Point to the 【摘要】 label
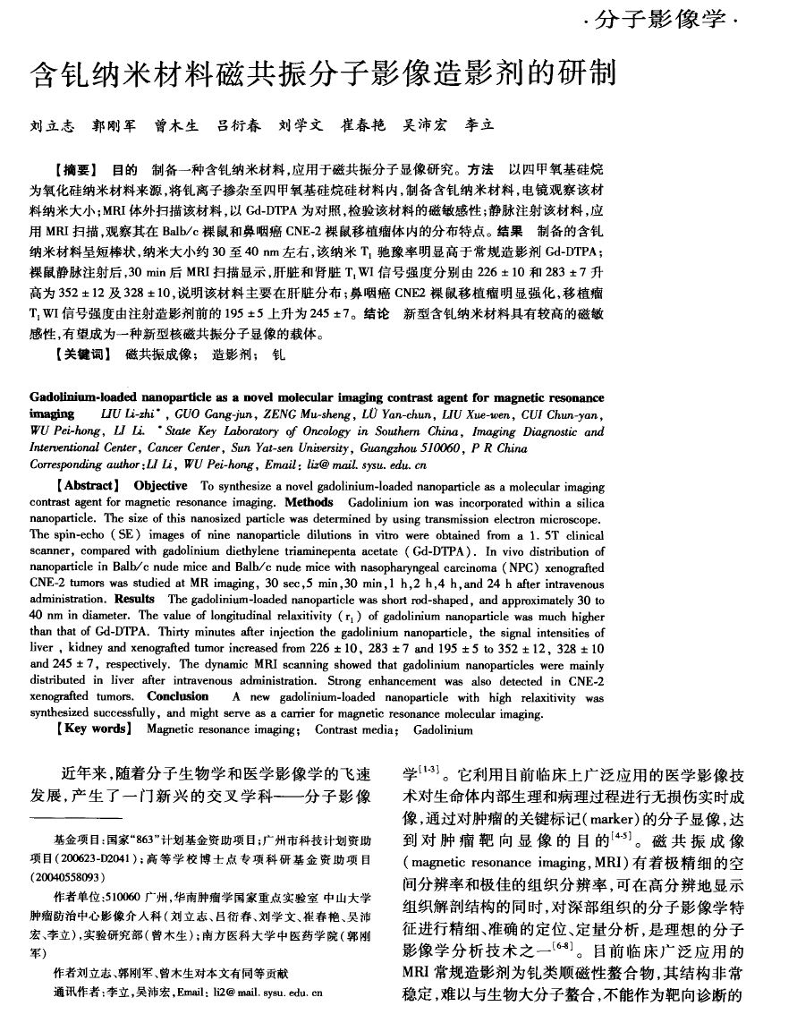(x=75, y=168)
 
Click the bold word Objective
(x=161, y=487)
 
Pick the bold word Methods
(x=309, y=503)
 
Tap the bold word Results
(x=135, y=599)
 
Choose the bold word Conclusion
(x=178, y=695)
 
